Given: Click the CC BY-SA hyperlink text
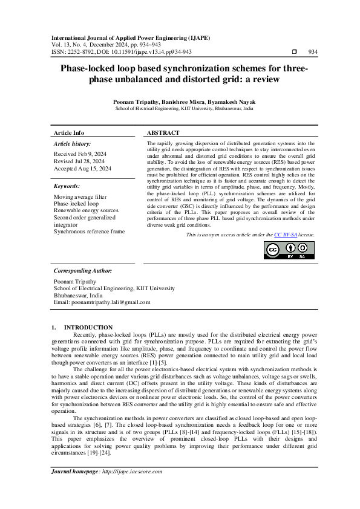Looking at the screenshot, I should pyautogui.click(x=286, y=234).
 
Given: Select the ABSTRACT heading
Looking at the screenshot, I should pyautogui.click(x=163, y=133).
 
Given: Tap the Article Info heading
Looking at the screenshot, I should pyautogui.click(x=69, y=133).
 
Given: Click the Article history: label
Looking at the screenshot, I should pyautogui.click(x=73, y=144).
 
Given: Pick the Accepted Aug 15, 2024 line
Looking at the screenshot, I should pyautogui.click(x=82, y=169).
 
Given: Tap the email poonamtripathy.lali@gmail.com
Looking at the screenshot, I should pyautogui.click(x=111, y=302).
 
